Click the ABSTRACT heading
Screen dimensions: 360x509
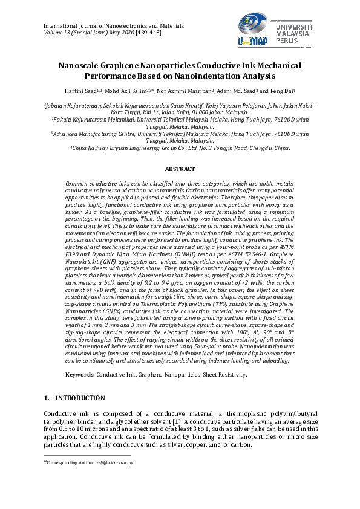click(180, 169)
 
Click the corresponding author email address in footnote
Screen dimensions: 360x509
click(114, 462)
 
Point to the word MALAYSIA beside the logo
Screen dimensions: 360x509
click(294, 35)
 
